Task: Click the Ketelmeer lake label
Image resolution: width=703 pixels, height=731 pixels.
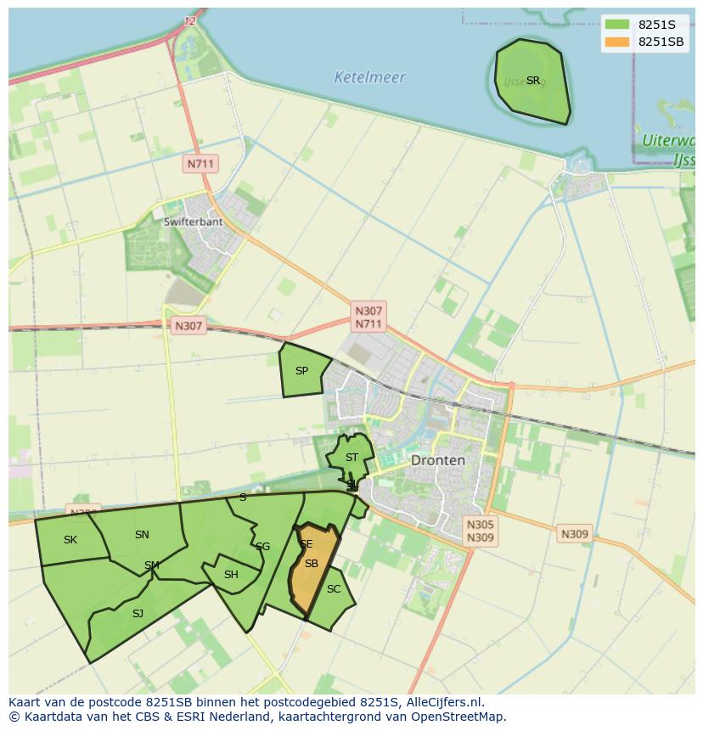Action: coord(369,77)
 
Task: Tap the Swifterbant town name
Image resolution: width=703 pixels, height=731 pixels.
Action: coord(193,222)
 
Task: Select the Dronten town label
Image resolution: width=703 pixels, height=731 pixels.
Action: coord(437,460)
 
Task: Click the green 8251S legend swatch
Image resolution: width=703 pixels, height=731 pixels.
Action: coord(617,25)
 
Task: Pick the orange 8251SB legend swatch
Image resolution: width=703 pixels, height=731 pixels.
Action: coord(617,42)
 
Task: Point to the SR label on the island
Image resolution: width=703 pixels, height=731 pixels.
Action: coord(532,81)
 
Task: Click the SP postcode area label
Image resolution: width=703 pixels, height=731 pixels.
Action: coord(301,371)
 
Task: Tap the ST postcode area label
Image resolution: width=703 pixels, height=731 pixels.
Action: coord(351,458)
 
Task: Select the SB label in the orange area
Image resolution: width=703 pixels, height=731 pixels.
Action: coord(311,564)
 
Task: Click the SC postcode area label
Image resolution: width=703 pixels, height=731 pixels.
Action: coord(334,589)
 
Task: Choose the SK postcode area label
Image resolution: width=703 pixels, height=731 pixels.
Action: coord(70,540)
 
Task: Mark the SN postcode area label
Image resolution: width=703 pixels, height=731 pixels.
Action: coord(142,535)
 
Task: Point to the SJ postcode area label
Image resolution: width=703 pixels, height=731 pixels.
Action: coord(138,614)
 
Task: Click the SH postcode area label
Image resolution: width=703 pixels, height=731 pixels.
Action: coord(231,575)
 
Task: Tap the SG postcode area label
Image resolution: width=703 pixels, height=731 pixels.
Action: coord(262,547)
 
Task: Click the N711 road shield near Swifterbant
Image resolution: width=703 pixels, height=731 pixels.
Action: coord(201,164)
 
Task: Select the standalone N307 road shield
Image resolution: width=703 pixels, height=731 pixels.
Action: coord(188,325)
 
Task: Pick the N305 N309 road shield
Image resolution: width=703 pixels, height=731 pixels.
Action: coord(481,531)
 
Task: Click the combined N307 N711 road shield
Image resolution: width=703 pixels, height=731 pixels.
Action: coord(368,318)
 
